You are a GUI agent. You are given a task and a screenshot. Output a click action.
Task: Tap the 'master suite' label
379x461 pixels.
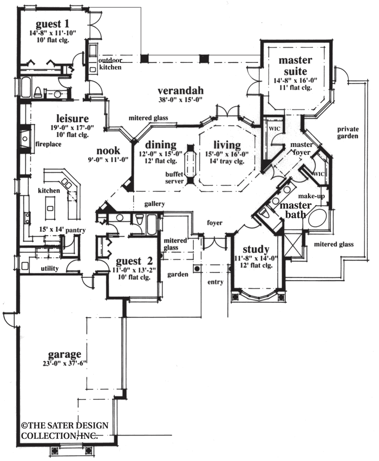tap(294, 66)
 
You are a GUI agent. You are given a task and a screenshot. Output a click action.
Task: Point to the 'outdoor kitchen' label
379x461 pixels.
tap(110, 64)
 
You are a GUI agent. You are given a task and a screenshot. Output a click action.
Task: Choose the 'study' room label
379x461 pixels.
tap(256, 249)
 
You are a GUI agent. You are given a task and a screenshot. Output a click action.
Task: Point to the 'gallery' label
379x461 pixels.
tap(154, 204)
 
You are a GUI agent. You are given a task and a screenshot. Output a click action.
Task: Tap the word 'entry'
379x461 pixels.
tap(215, 282)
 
